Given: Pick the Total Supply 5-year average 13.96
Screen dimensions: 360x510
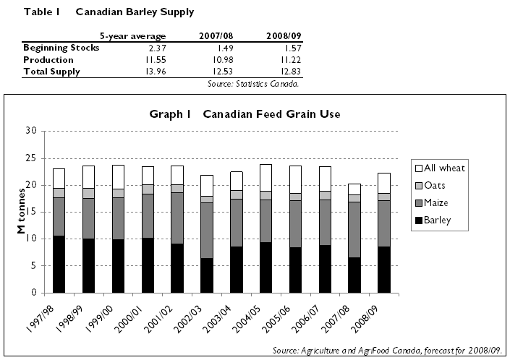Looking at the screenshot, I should [153, 72].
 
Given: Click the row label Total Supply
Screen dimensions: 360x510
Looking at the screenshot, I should [52, 72].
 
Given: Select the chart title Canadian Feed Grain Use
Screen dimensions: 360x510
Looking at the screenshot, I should [245, 114].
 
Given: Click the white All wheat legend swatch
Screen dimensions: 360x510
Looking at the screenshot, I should [420, 168].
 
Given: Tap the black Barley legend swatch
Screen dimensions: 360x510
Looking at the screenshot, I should [420, 220].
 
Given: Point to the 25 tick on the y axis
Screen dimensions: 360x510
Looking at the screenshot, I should [30, 158].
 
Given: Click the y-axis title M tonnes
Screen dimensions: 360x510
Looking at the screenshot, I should [22, 211].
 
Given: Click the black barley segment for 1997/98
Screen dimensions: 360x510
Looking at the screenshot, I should [59, 265].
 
